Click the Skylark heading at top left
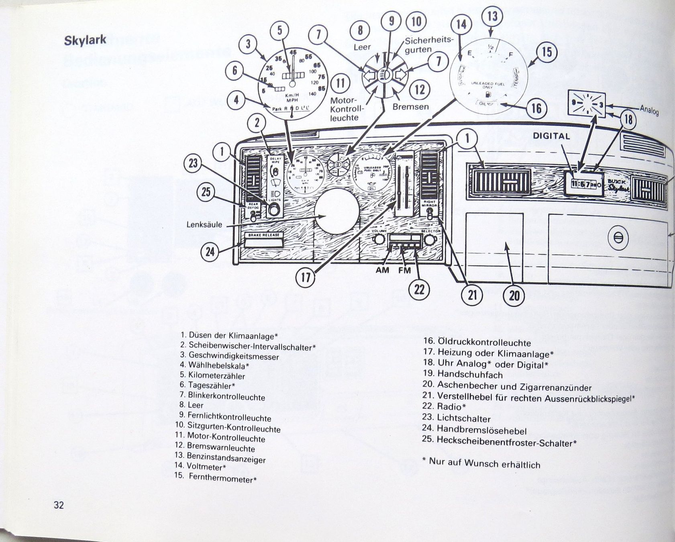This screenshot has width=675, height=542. coord(85,40)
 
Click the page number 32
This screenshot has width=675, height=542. coord(59,505)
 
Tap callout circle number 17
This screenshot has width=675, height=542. coord(306,278)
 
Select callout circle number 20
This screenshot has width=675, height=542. coord(514,295)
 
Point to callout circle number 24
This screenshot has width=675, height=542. coord(210,252)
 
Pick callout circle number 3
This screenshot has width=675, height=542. coord(248,44)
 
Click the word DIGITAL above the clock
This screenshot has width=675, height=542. coord(551,136)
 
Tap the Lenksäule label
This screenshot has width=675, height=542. coord(204,224)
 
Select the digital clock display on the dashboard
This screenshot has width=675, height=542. coord(583,184)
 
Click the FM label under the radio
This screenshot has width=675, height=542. coord(404,270)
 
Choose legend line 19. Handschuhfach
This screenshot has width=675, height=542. coord(462,375)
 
